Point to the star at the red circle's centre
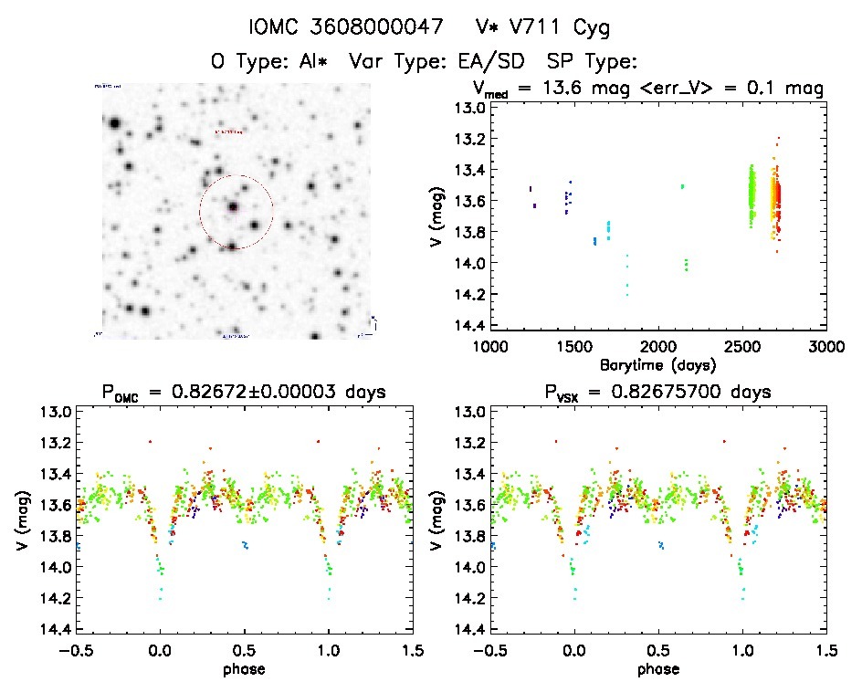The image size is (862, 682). pyautogui.click(x=234, y=207)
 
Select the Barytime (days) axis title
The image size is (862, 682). pyautogui.click(x=657, y=363)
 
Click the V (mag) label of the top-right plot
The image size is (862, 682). pyautogui.click(x=440, y=216)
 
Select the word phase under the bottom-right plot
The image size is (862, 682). pyautogui.click(x=657, y=667)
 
